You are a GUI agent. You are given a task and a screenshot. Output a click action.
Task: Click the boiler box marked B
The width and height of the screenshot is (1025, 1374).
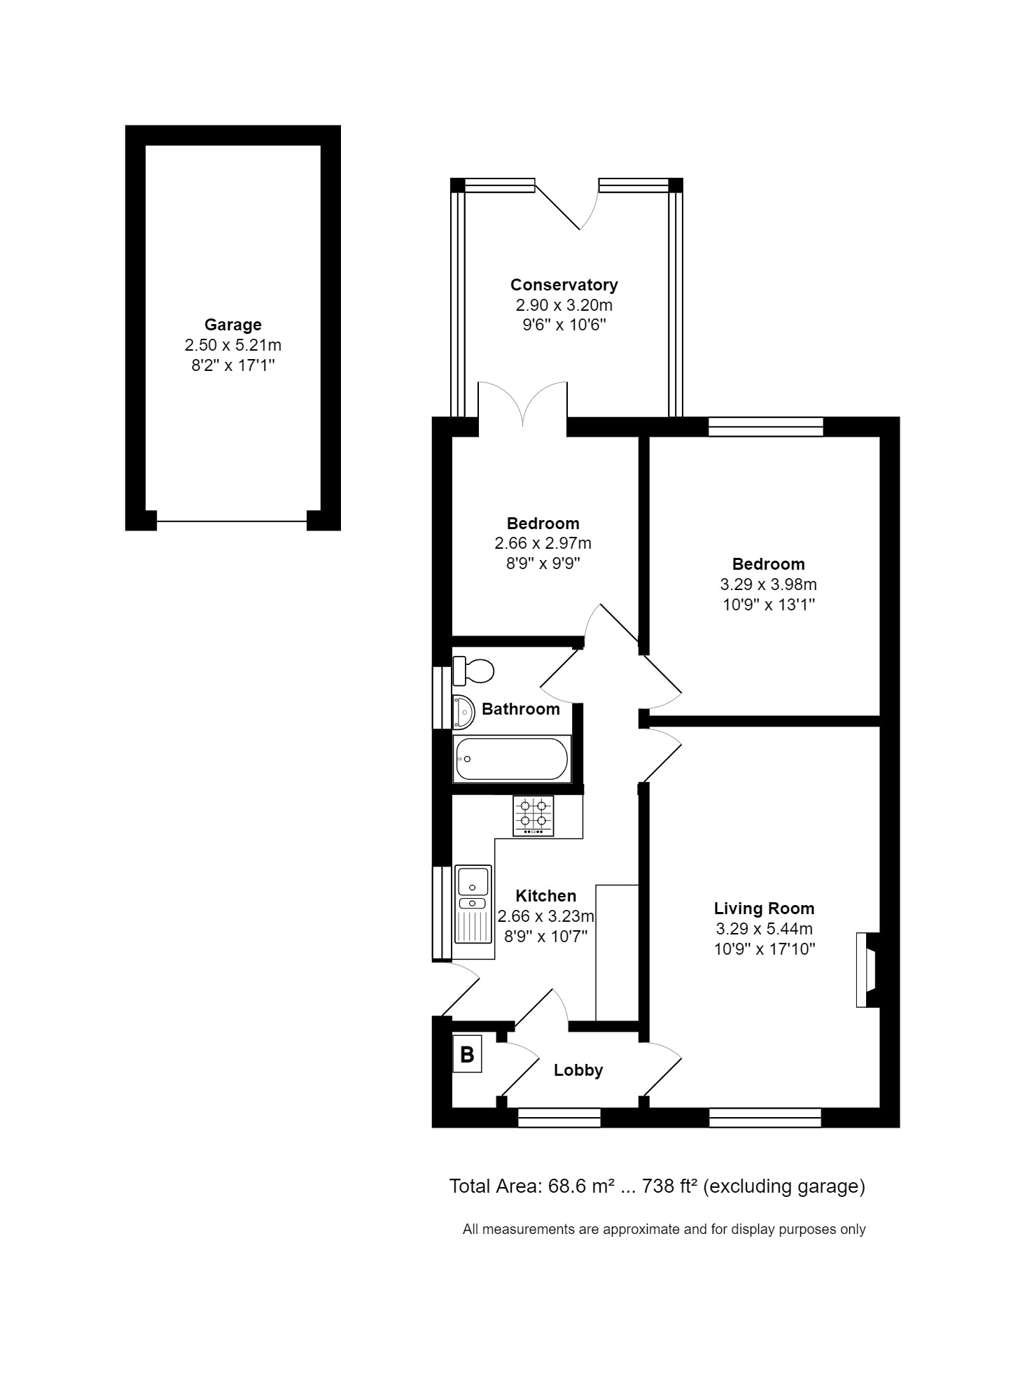pyautogui.click(x=467, y=1054)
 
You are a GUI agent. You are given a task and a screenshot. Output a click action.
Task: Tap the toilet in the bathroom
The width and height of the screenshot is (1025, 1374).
pyautogui.click(x=474, y=671)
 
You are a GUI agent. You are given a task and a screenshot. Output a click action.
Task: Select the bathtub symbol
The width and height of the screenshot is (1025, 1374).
pyautogui.click(x=512, y=759)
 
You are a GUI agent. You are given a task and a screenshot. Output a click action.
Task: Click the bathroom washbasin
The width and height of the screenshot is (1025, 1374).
pyautogui.click(x=463, y=711)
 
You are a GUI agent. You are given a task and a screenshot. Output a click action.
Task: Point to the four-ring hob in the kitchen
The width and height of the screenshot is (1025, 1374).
pyautogui.click(x=534, y=815)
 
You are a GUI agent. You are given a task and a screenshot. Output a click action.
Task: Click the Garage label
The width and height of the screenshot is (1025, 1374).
pyautogui.click(x=233, y=325)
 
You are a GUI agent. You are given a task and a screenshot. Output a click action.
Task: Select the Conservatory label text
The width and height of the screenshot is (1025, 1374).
pyautogui.click(x=564, y=285)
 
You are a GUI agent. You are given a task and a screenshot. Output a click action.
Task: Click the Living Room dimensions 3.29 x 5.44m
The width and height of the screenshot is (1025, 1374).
pyautogui.click(x=764, y=929)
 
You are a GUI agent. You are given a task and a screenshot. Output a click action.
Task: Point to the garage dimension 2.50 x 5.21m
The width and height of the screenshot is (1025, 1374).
pyautogui.click(x=233, y=345)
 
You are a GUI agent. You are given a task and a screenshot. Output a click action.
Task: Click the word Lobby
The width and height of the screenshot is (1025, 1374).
pyautogui.click(x=578, y=1070)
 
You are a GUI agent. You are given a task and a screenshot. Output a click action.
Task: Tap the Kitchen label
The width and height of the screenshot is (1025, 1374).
pyautogui.click(x=545, y=896)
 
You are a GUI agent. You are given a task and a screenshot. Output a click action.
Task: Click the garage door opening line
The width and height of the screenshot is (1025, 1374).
pyautogui.click(x=232, y=521)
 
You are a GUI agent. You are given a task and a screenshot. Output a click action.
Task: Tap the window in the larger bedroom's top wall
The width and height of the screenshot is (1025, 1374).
pyautogui.click(x=765, y=426)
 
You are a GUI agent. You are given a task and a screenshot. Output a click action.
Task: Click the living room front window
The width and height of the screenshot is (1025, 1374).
pyautogui.click(x=765, y=1118)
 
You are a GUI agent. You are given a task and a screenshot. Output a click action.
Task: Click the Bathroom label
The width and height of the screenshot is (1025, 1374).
pyautogui.click(x=520, y=709)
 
